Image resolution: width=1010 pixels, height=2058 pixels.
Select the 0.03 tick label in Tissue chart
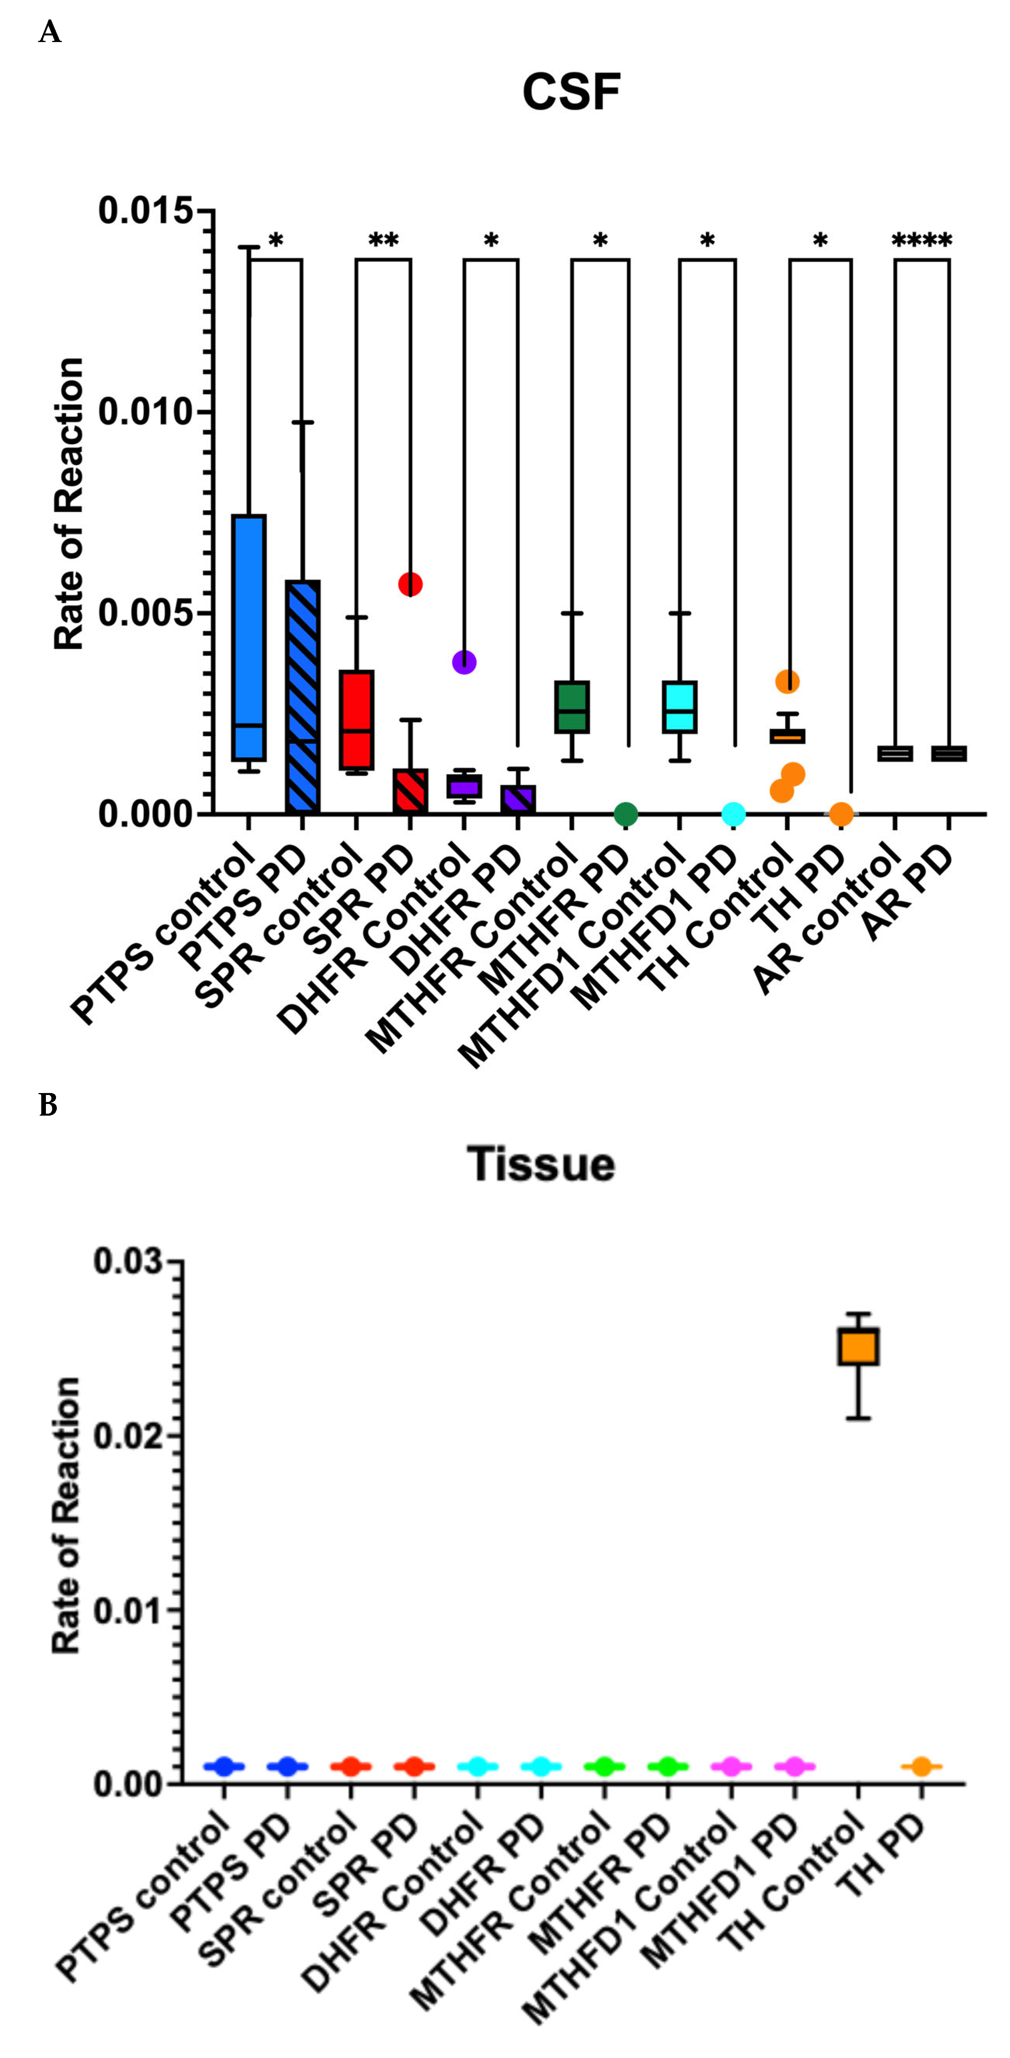pos(128,1262)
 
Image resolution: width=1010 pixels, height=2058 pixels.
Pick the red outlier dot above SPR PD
pos(410,584)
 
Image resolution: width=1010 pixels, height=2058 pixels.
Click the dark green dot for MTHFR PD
pos(626,814)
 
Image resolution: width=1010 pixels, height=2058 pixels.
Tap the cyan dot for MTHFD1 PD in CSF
pos(734,814)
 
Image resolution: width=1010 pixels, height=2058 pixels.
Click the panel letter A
pos(49,33)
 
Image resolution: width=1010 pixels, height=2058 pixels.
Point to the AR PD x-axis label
pos(910,895)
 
